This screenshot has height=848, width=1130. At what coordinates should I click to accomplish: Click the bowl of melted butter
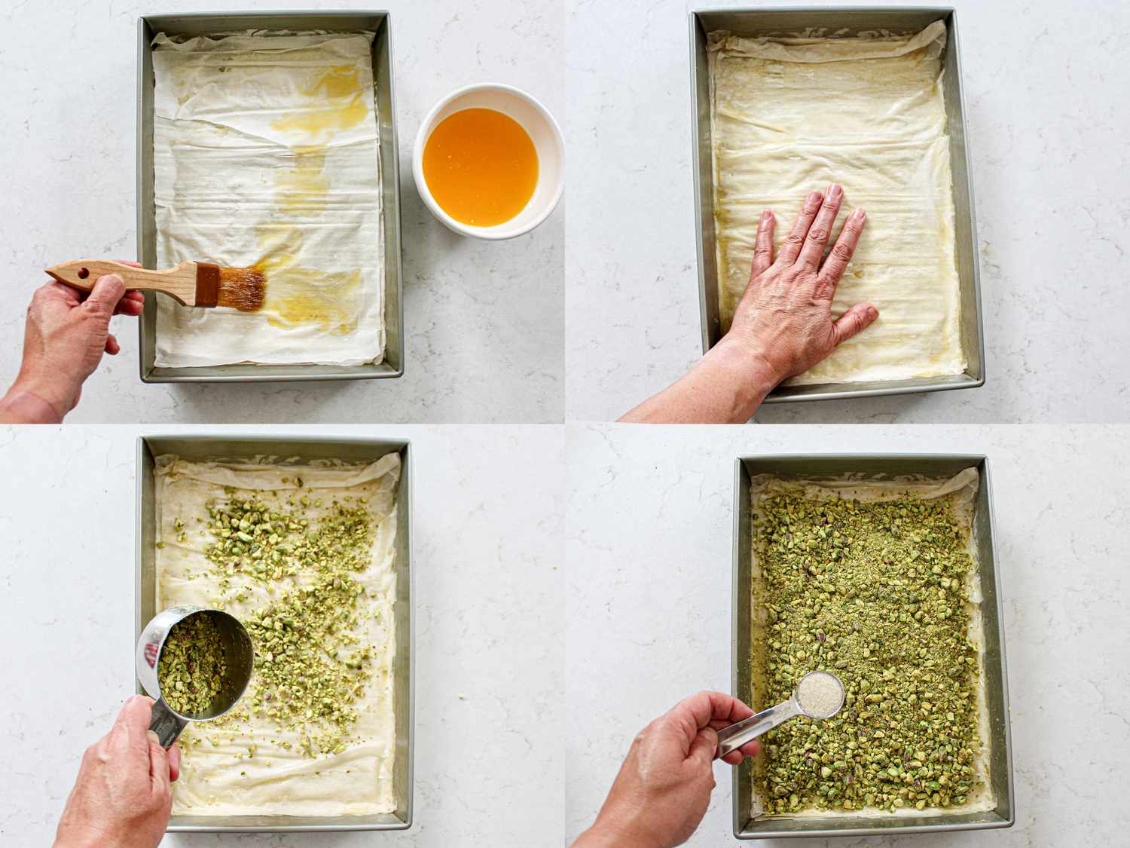480,167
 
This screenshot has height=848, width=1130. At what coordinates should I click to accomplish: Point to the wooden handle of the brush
121,273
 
